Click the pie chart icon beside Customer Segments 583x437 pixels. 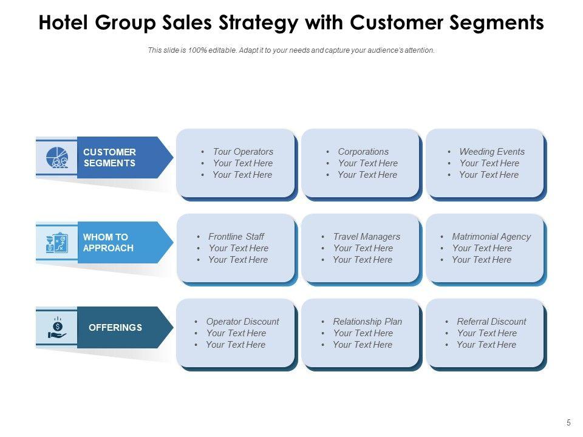click(x=56, y=157)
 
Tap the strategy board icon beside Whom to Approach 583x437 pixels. click(x=56, y=242)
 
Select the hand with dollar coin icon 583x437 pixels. click(x=56, y=327)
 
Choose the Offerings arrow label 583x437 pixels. click(x=115, y=327)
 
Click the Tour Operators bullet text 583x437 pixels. click(x=243, y=152)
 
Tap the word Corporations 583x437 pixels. click(x=363, y=152)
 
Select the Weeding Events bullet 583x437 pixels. click(x=492, y=152)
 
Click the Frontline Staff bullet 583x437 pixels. click(x=236, y=237)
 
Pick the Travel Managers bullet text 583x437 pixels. click(x=367, y=237)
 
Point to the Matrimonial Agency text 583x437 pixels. click(x=491, y=237)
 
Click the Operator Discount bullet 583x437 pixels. click(x=242, y=322)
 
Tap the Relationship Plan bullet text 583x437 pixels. click(x=367, y=322)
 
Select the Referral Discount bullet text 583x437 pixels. click(x=491, y=322)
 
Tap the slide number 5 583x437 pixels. click(x=568, y=423)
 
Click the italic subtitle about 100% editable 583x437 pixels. click(x=291, y=50)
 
